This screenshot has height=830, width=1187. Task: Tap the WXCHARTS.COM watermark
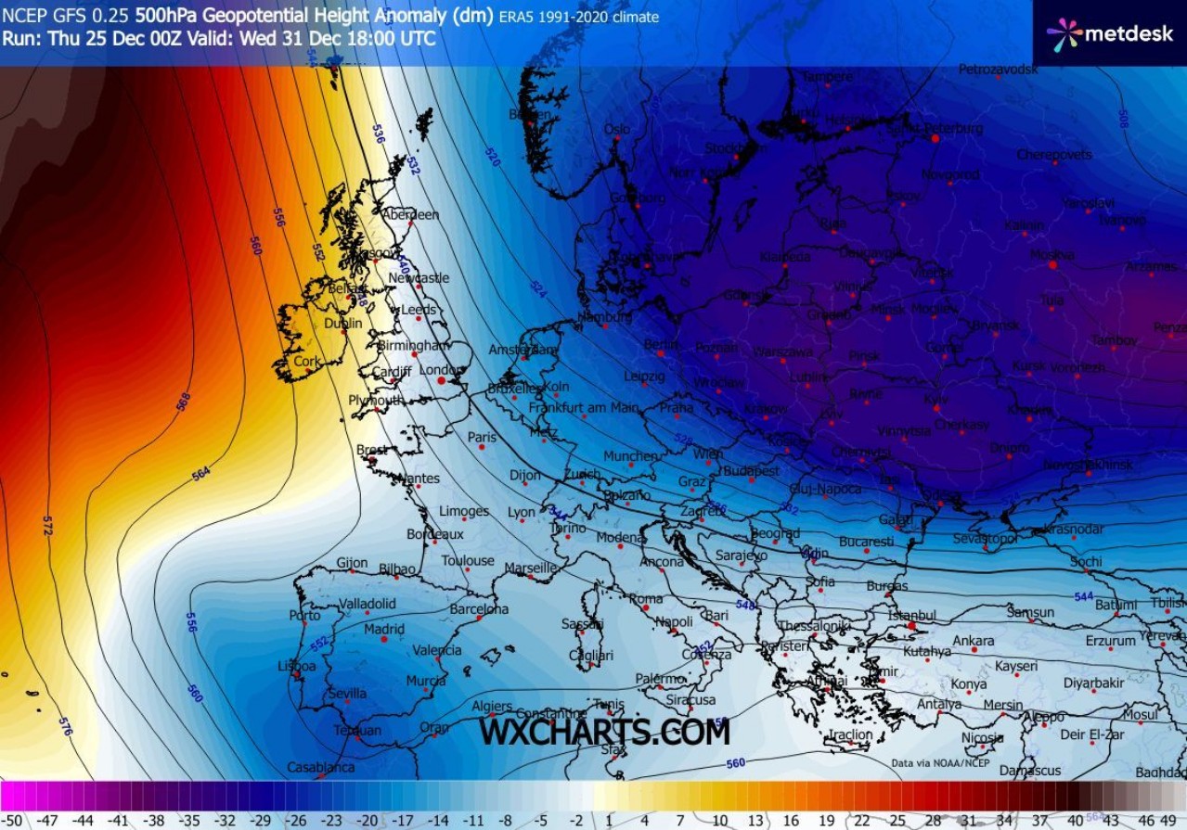(x=604, y=732)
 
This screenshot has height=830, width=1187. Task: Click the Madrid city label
(x=384, y=629)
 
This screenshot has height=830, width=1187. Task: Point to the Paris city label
(x=482, y=438)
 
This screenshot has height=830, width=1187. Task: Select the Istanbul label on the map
(x=912, y=615)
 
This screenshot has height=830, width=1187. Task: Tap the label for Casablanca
(x=320, y=767)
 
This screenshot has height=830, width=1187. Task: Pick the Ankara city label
(x=973, y=641)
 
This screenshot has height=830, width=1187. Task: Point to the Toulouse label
(x=468, y=560)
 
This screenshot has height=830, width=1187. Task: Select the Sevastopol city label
(x=985, y=539)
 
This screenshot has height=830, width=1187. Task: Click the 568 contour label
(x=183, y=401)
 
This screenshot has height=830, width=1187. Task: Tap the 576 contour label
(x=64, y=726)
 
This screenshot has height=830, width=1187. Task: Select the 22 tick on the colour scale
(x=861, y=820)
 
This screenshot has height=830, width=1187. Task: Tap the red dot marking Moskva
(x=1052, y=265)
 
